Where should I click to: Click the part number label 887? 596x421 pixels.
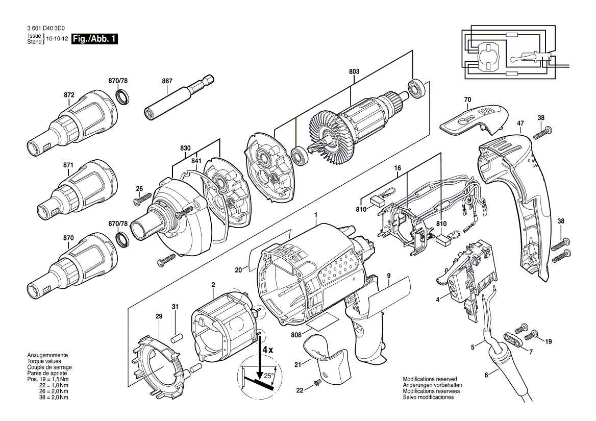167,81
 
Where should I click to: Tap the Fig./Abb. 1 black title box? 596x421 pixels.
95,39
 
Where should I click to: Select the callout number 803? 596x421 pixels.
354,72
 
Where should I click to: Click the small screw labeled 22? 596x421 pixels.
317,381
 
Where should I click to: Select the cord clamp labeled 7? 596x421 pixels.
512,339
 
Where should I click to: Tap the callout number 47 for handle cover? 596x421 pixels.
520,123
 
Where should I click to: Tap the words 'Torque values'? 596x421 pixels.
43,361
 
